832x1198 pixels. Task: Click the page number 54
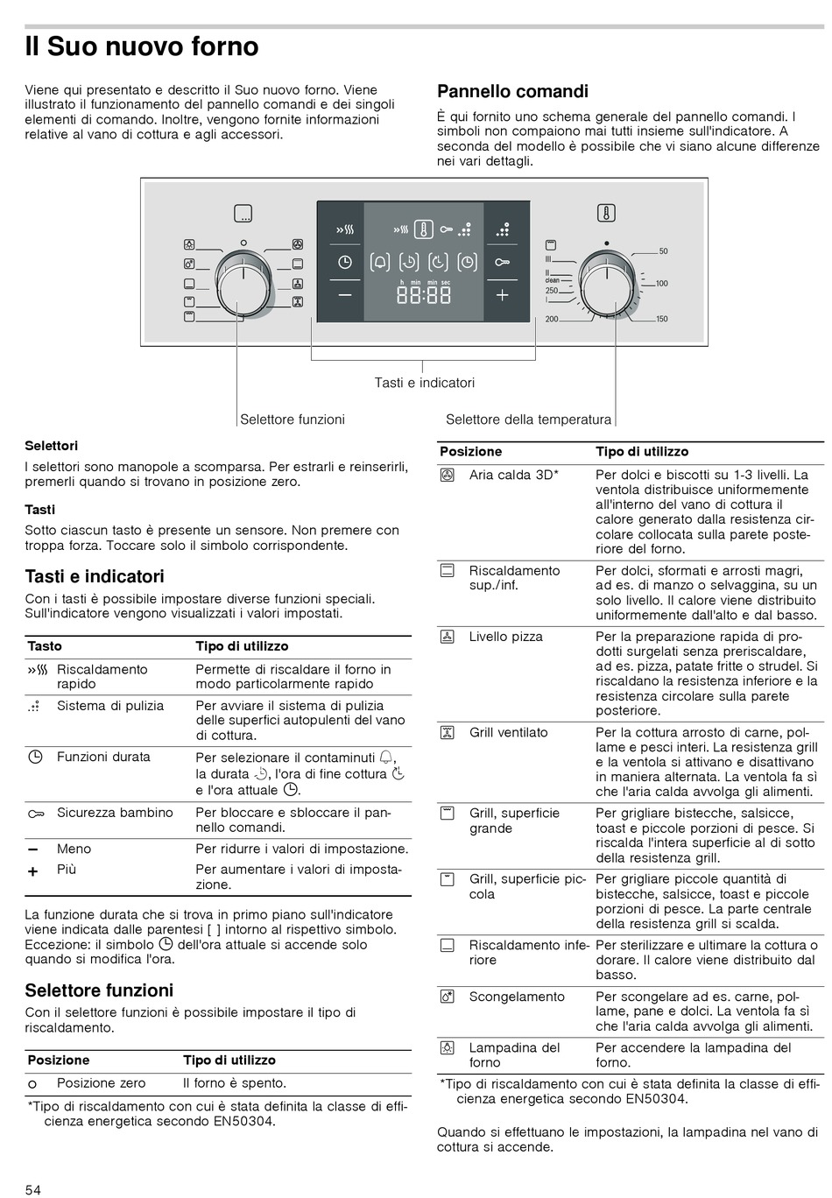pyautogui.click(x=32, y=1188)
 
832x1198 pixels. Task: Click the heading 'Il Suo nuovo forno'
pyautogui.click(x=142, y=46)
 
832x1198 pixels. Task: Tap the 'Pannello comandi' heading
pyautogui.click(x=512, y=91)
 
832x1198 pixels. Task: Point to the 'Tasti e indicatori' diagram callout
pyautogui.click(x=424, y=383)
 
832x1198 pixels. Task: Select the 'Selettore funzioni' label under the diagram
pyautogui.click(x=293, y=419)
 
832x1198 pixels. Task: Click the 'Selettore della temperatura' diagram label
pyautogui.click(x=528, y=419)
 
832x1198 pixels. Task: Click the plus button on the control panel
pyautogui.click(x=502, y=295)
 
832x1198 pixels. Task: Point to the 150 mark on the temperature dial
pyautogui.click(x=662, y=319)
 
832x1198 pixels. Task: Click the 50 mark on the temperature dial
pyautogui.click(x=663, y=251)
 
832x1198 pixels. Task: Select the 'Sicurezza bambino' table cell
pyautogui.click(x=115, y=813)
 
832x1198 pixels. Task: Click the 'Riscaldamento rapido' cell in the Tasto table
pyautogui.click(x=102, y=676)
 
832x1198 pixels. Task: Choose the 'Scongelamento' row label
pyautogui.click(x=517, y=997)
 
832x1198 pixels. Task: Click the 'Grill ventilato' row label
pyautogui.click(x=508, y=732)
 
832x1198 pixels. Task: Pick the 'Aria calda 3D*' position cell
pyautogui.click(x=513, y=475)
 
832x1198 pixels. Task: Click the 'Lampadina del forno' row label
pyautogui.click(x=514, y=1054)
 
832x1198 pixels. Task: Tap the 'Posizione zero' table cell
pyautogui.click(x=101, y=1083)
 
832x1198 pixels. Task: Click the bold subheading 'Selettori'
pyautogui.click(x=51, y=446)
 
